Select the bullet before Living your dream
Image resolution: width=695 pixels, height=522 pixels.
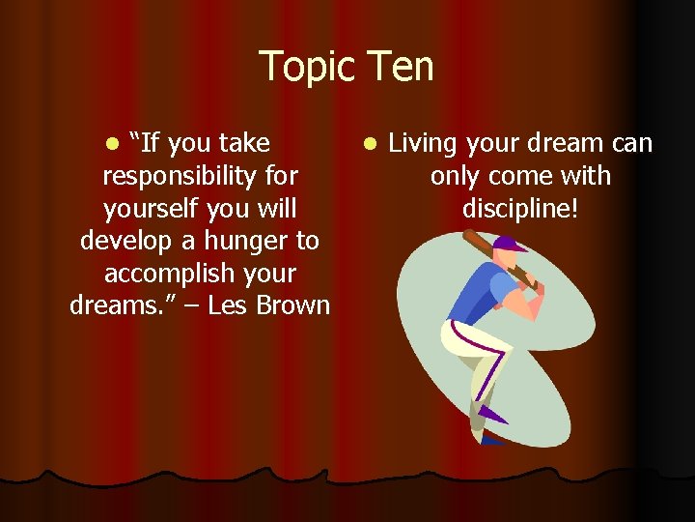(x=371, y=145)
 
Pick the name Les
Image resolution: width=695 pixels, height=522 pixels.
(x=226, y=305)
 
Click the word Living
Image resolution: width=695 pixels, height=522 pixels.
(x=424, y=144)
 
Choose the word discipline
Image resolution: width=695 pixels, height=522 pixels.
(x=520, y=209)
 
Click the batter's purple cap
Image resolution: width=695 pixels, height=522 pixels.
(x=509, y=244)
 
